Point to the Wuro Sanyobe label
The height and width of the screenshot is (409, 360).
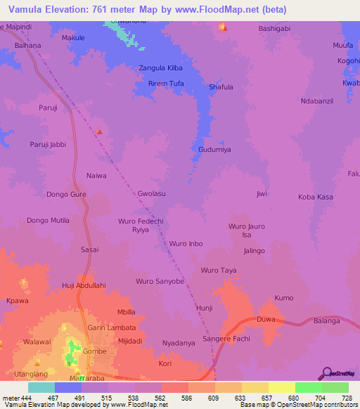[x=160, y=281]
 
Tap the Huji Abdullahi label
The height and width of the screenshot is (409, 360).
[x=84, y=285]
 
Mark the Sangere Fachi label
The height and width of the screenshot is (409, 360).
[x=226, y=339]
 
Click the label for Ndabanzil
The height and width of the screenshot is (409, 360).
[x=315, y=100]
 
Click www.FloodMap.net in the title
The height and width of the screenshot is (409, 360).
[x=221, y=10]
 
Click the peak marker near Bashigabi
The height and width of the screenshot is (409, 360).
[x=223, y=28]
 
